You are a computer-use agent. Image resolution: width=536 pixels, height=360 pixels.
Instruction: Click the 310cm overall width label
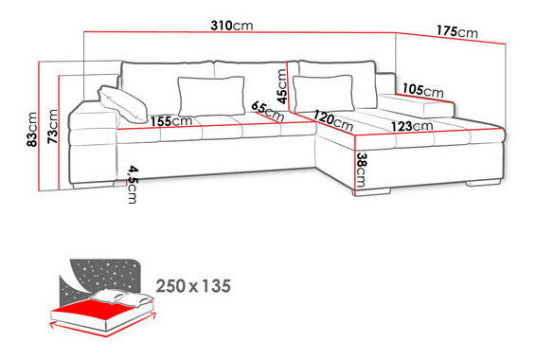click(x=232, y=26)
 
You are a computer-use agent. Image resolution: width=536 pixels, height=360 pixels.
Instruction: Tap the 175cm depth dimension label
click(x=457, y=32)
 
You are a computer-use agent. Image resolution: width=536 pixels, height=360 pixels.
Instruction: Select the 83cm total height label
click(x=32, y=129)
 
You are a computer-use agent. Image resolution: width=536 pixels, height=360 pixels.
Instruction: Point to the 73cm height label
click(x=53, y=126)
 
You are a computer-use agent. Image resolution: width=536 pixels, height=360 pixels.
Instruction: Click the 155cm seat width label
click(x=170, y=121)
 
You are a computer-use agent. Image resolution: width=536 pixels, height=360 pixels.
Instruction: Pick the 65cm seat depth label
click(x=268, y=111)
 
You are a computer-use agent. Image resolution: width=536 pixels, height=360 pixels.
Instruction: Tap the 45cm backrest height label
click(x=282, y=86)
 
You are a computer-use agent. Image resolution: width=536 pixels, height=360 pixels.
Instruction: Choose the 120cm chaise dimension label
click(x=333, y=120)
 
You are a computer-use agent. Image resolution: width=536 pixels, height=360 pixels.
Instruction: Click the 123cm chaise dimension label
click(x=412, y=126)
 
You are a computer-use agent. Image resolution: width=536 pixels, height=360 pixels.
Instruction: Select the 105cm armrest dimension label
click(x=423, y=90)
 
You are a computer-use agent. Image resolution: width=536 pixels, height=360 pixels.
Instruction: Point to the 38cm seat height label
click(x=361, y=170)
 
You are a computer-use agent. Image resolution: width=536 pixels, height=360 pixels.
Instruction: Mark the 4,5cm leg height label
click(x=133, y=185)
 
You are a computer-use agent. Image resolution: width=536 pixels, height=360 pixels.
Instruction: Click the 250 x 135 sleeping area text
click(x=193, y=286)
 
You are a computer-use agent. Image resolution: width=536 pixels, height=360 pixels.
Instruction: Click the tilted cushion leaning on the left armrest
click(x=123, y=104)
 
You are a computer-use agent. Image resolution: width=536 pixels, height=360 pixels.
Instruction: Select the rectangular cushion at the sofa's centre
click(x=211, y=97)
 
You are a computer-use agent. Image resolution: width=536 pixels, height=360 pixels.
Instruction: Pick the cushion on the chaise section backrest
click(x=323, y=94)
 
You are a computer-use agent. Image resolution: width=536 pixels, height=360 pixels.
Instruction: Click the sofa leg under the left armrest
click(x=94, y=185)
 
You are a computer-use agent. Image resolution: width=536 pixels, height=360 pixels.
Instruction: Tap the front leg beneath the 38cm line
click(x=371, y=192)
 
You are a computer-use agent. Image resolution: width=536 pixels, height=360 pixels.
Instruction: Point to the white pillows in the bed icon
click(x=123, y=297)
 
